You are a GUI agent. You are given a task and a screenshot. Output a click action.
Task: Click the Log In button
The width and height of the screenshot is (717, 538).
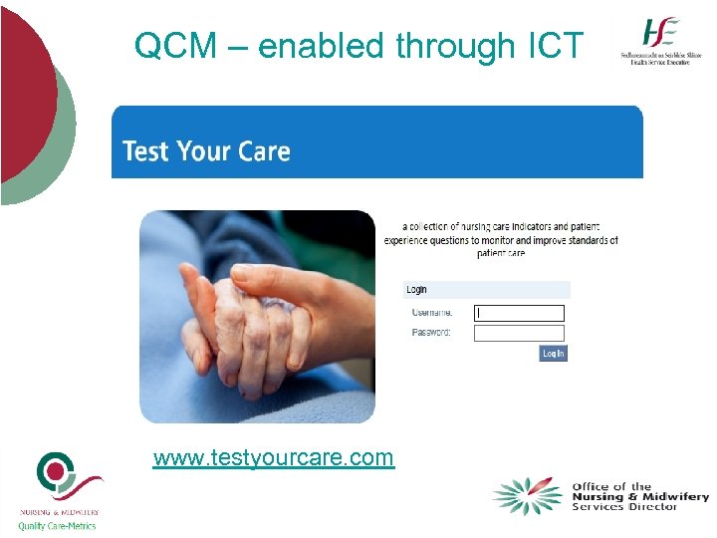click(554, 353)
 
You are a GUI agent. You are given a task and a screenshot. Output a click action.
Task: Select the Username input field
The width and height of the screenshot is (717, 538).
click(519, 313)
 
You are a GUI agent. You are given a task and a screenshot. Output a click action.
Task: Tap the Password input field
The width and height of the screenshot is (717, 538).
click(519, 333)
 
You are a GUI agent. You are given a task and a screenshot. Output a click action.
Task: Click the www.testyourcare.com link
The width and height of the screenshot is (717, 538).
click(274, 457)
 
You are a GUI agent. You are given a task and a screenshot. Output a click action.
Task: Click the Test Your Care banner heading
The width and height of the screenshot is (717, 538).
click(206, 151)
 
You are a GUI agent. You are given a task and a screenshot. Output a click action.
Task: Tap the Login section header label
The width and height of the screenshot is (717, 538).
click(416, 289)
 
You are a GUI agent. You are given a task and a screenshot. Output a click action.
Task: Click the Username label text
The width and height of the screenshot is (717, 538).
click(431, 313)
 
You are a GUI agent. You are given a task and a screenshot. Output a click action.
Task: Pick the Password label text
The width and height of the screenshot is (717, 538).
click(431, 333)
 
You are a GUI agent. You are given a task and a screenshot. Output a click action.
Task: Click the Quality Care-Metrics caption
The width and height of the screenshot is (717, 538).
click(58, 526)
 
